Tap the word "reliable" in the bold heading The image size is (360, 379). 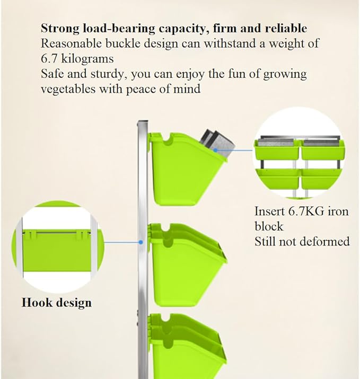coord(286,28)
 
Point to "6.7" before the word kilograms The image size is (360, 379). coord(49,59)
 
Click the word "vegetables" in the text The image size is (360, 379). coord(68,89)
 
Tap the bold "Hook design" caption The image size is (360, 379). coord(57,303)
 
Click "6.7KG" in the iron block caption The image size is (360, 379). coord(306,211)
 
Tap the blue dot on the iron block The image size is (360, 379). coord(215,150)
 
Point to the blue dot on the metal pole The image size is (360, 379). coord(141,242)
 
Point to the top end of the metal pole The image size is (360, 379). coord(143,121)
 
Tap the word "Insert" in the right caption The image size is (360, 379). coord(269,211)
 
